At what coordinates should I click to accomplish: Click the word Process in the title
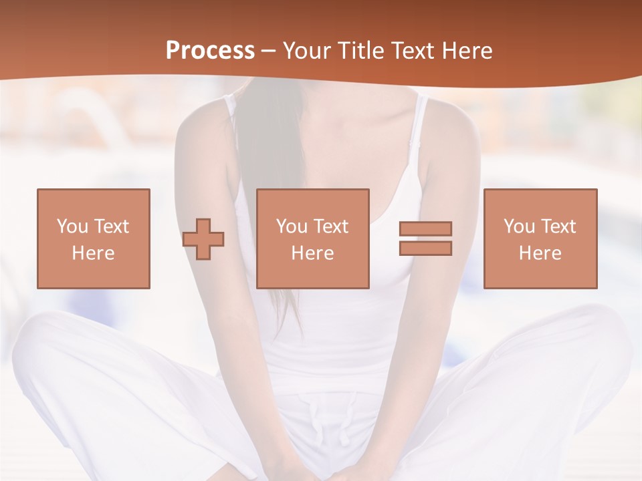(210, 50)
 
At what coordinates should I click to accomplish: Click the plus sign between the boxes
(203, 239)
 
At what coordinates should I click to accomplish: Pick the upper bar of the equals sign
(425, 228)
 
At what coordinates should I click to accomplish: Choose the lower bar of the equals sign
(425, 248)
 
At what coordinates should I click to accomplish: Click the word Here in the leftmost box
(93, 253)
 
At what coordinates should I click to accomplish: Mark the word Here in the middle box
(312, 253)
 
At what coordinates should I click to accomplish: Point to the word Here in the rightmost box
(540, 253)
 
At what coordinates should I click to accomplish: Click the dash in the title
(268, 51)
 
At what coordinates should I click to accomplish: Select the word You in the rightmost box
(519, 226)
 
